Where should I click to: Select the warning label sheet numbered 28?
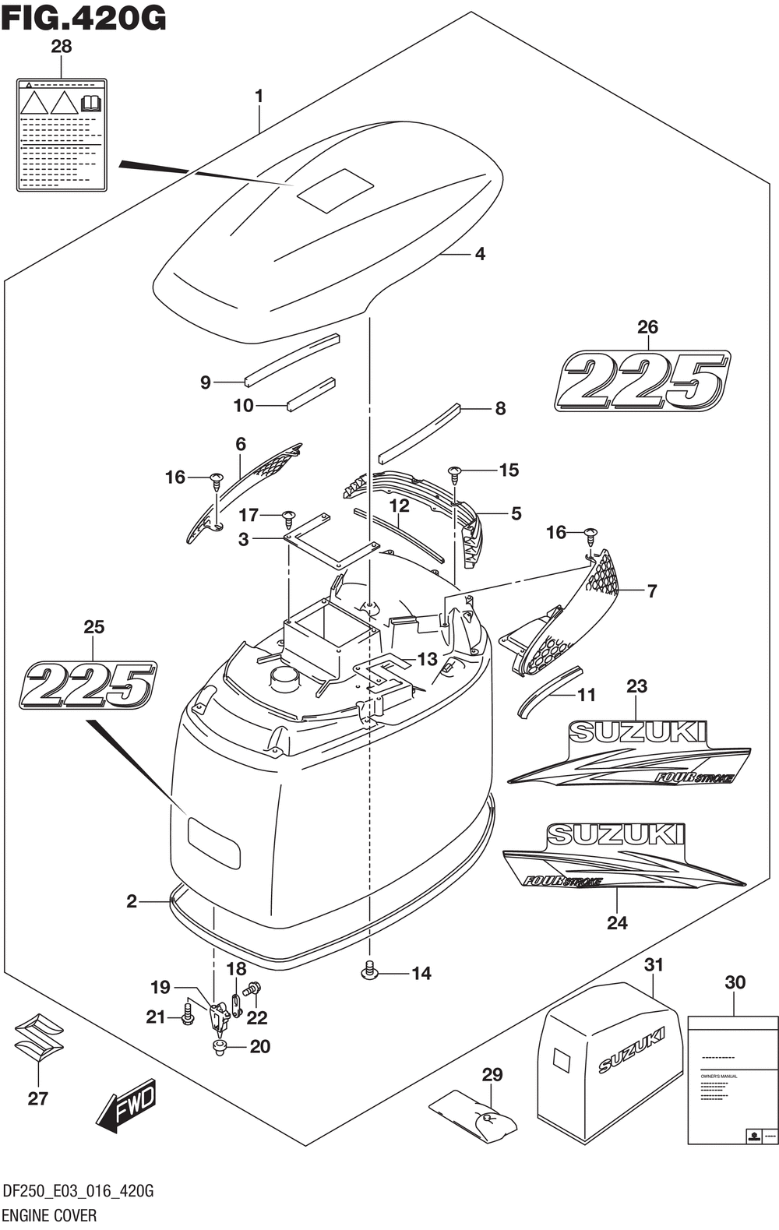(62, 134)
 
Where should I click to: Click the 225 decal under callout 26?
(643, 380)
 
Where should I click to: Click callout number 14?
(421, 973)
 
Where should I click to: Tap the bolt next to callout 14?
(369, 970)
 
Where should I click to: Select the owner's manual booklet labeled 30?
(733, 1080)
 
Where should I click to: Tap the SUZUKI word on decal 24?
(615, 834)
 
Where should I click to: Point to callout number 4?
(480, 254)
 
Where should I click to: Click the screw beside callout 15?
(453, 472)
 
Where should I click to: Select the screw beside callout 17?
(289, 516)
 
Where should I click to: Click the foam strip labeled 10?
(311, 395)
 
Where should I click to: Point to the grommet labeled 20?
(220, 1047)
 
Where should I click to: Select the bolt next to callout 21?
(187, 1015)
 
